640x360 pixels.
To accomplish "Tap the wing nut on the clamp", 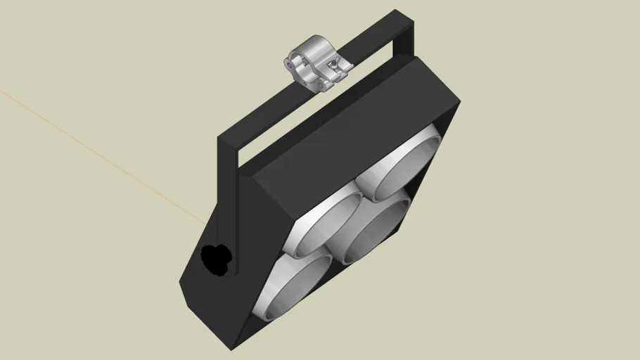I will click(x=342, y=66).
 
